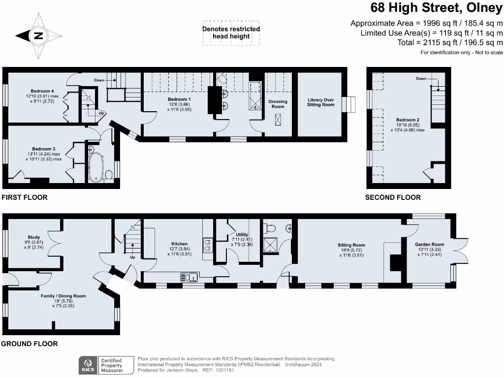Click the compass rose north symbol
point(38,35)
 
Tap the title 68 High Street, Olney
point(437,8)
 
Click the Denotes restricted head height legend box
point(231,33)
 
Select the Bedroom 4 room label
point(42,91)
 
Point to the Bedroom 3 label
point(44,149)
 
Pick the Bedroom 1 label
point(179,99)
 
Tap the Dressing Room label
point(278,104)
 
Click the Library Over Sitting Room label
point(320,102)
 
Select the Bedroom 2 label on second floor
point(408,120)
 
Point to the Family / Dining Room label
point(63,296)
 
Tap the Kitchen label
point(179,244)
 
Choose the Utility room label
point(242,235)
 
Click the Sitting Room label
point(351,245)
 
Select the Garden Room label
point(429,245)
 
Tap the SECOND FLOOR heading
point(393,197)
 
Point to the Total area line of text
point(450,42)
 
